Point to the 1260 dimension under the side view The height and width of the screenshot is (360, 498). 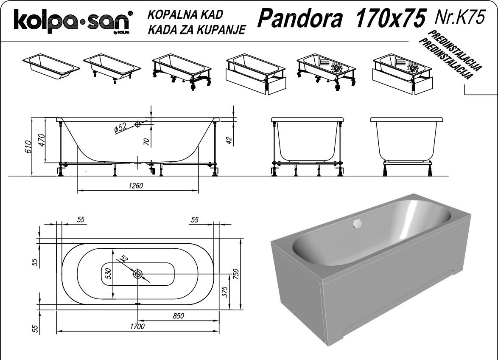tap(136, 186)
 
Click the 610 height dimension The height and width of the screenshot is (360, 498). tap(28, 146)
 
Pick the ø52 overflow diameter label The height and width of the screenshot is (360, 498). tap(120, 127)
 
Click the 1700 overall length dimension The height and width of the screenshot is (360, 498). tap(137, 326)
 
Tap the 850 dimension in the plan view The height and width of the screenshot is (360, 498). tap(178, 315)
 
